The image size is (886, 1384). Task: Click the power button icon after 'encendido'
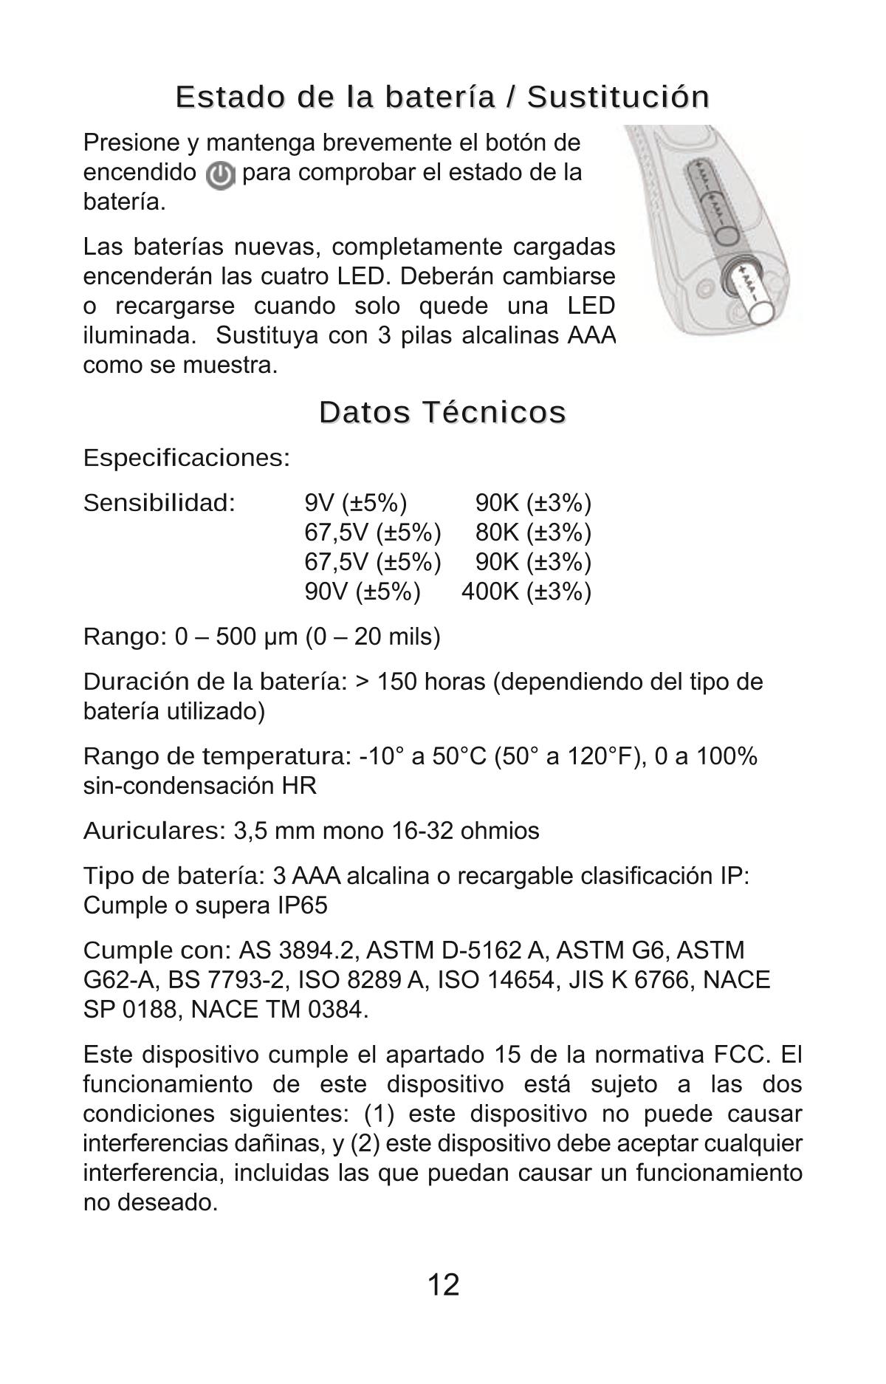pos(220,176)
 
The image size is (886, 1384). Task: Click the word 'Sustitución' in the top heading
pos(619,97)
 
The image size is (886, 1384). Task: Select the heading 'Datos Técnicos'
pos(443,411)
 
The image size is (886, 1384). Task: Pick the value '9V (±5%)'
pos(356,504)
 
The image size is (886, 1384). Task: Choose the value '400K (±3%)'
pos(526,592)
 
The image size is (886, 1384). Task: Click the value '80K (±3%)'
pos(533,532)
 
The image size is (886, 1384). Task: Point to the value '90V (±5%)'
pos(363,592)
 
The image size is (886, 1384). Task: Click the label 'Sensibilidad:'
pos(159,504)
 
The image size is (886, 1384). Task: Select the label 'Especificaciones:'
pos(187,458)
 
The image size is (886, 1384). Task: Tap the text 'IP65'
pos(302,905)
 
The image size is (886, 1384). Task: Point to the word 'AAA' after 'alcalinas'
pos(591,336)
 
